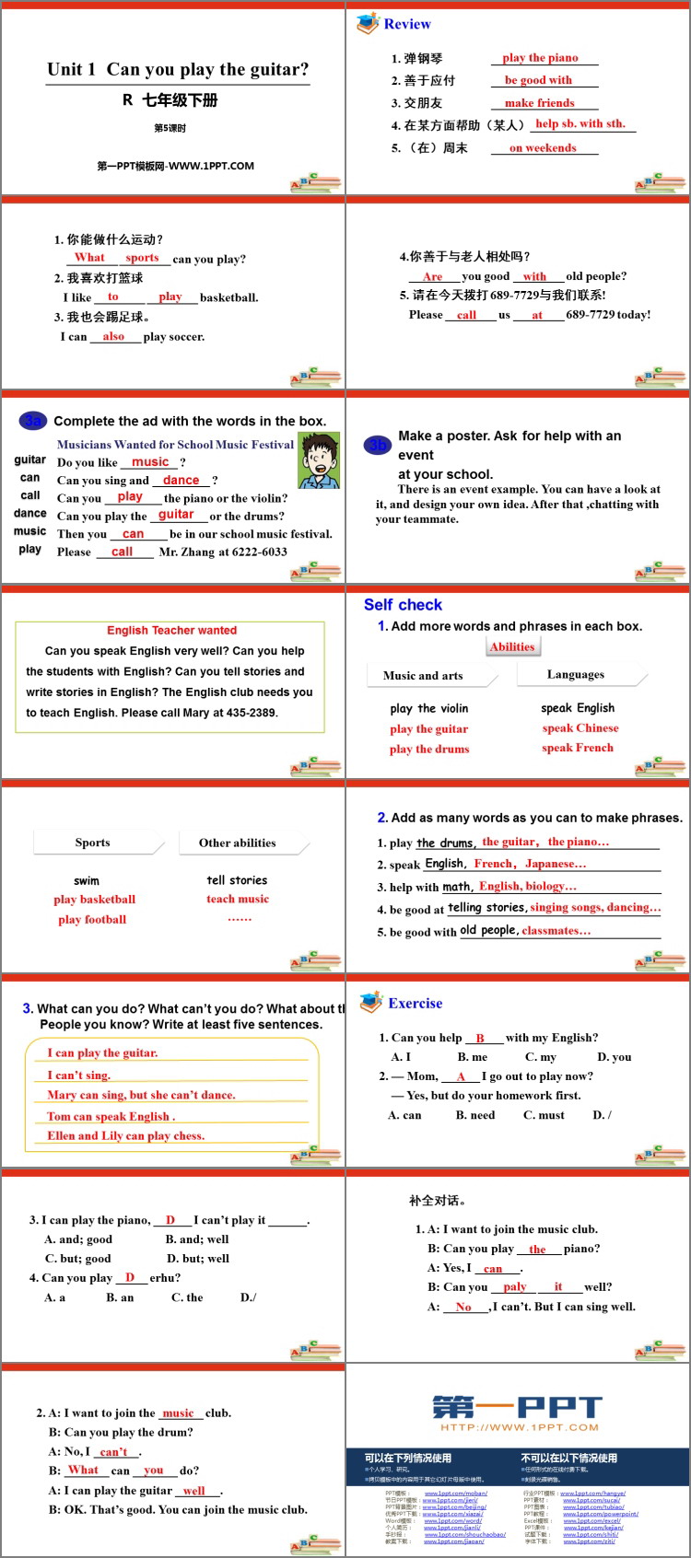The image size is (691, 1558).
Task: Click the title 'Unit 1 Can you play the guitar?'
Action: (178, 69)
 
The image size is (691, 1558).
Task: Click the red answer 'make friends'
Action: (539, 103)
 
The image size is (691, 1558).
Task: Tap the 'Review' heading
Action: (407, 24)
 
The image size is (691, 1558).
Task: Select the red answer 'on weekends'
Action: (543, 147)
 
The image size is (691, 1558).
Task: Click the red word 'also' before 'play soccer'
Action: (113, 336)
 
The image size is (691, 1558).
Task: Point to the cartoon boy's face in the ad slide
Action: (319, 455)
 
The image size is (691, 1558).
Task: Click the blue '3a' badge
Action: (33, 421)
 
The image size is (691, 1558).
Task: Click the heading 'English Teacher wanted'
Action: (171, 630)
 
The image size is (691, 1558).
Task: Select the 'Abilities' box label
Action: (512, 646)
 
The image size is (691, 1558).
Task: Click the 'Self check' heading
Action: (403, 604)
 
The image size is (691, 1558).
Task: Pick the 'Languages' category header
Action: (575, 674)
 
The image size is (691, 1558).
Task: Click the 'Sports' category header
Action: (92, 842)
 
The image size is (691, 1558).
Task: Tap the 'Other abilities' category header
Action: (237, 842)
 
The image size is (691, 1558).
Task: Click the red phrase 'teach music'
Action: (238, 899)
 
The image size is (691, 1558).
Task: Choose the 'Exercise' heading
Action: (415, 1003)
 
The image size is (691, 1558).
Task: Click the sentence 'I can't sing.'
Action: (79, 1075)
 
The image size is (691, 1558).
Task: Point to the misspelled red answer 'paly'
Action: (515, 1286)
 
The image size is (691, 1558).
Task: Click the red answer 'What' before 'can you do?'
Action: (83, 1470)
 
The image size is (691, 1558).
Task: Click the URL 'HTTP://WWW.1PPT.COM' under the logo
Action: (519, 1427)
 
